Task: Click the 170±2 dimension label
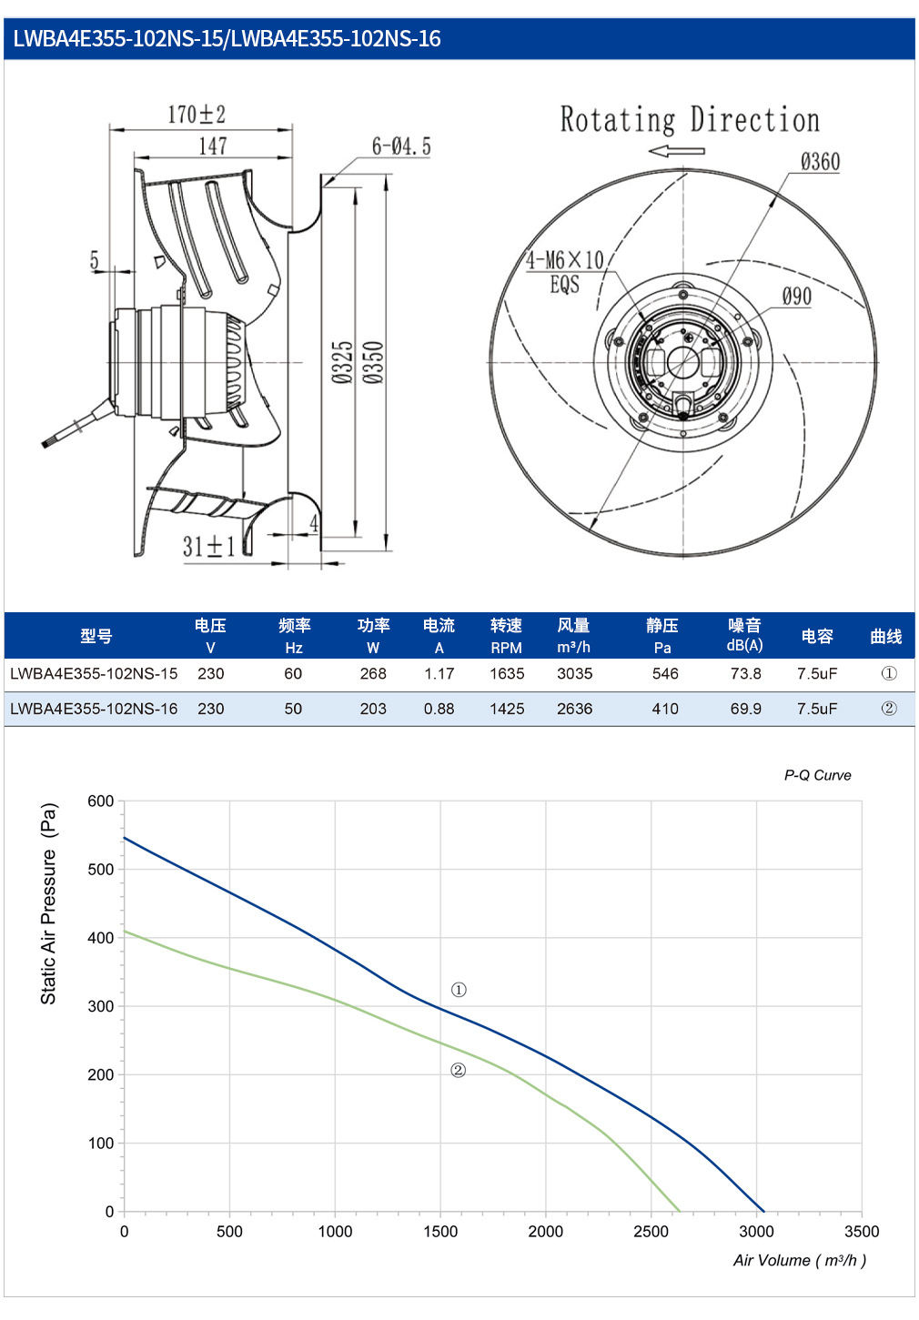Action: [197, 115]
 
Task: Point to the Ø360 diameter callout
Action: [820, 161]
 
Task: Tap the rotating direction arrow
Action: [676, 151]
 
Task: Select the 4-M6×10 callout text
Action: [565, 259]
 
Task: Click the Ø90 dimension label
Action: [796, 296]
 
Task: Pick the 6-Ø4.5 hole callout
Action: [401, 146]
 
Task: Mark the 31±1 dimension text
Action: [208, 546]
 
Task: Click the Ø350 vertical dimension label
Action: [373, 362]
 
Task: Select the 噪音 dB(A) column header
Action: [744, 635]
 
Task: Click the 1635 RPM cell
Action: [507, 673]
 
